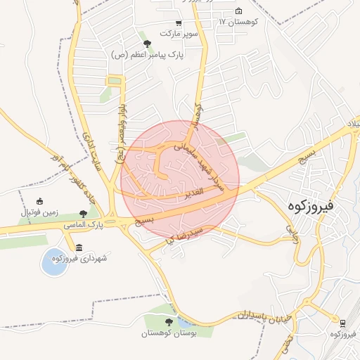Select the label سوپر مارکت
pos(179,34)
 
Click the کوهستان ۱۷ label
pos(238,22)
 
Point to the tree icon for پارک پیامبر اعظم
pos(146,44)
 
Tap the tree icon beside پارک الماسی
pos(84,213)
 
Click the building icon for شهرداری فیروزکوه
pos(78,249)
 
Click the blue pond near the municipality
pos(53,262)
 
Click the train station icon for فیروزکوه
pos(342,323)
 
